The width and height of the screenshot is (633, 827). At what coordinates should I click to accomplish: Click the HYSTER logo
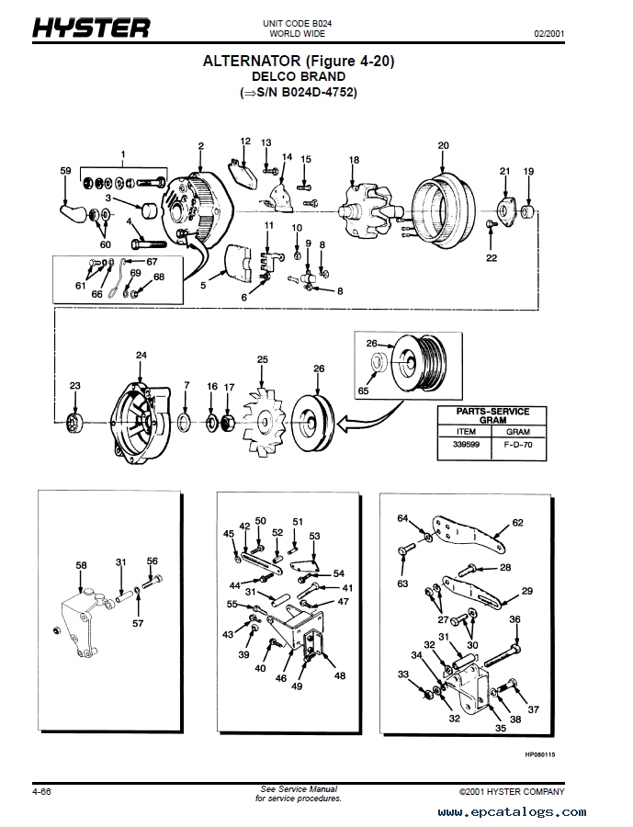click(91, 28)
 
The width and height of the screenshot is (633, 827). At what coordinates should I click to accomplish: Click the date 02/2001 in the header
click(549, 34)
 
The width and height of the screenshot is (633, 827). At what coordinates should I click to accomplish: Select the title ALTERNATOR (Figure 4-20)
click(299, 62)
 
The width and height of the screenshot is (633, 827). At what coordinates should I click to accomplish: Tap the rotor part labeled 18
click(367, 211)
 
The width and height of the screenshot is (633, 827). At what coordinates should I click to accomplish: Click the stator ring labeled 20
click(443, 210)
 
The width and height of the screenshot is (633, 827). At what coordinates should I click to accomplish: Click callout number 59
click(65, 171)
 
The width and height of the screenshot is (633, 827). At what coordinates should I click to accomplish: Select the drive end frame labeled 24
click(140, 423)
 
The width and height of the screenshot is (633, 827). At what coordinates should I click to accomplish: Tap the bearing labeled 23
click(74, 423)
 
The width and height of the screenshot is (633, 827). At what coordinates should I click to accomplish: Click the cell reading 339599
click(466, 445)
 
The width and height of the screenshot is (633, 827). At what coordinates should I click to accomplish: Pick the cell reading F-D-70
click(518, 445)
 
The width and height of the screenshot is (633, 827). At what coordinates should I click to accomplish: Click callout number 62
click(518, 523)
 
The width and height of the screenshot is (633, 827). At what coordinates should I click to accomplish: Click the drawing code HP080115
click(540, 754)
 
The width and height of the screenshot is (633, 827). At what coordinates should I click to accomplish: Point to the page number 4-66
click(41, 792)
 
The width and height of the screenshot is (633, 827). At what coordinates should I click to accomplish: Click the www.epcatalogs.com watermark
click(512, 812)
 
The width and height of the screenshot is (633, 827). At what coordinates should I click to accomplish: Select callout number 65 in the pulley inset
click(364, 391)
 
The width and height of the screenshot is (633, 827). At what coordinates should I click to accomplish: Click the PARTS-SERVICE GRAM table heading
click(492, 415)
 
